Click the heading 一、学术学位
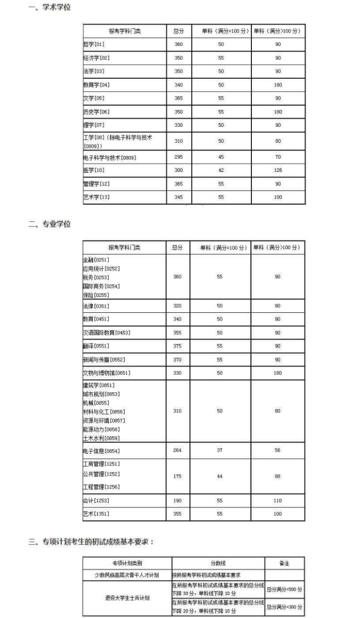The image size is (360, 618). pos(49,8)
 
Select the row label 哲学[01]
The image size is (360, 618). pos(94,44)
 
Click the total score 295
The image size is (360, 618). pos(178,157)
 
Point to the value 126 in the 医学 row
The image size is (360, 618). pos(278,170)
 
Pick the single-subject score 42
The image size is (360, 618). pos(221,170)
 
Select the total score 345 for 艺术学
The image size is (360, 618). pos(178,197)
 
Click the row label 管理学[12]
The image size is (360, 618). pos(96,183)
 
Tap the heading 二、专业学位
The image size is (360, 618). pos(49,224)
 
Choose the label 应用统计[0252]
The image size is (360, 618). pos(101,269)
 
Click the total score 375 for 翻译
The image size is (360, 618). pos(178,346)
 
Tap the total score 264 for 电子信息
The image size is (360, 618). pos(178,450)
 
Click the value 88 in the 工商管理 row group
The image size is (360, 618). pos(278,476)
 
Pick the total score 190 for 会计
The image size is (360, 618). pos(178,500)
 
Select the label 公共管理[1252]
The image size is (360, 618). pos(101,474)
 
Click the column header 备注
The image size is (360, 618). pos(284,563)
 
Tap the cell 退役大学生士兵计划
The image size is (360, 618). pos(127,598)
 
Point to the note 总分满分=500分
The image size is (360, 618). pos(285,590)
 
